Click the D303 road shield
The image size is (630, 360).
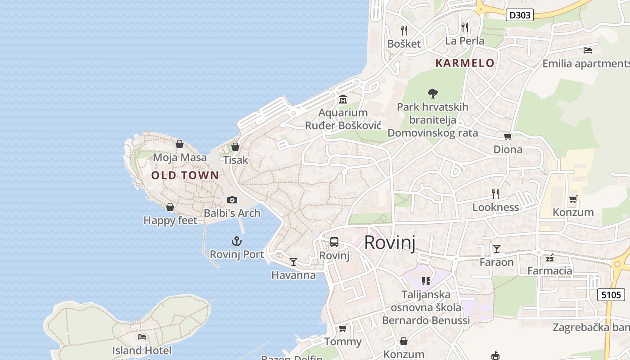(x=520, y=15)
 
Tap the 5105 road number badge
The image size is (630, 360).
(x=611, y=295)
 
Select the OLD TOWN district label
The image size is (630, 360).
(x=185, y=175)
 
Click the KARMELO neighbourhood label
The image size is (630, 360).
(x=465, y=63)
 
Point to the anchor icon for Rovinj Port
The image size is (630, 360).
(x=236, y=242)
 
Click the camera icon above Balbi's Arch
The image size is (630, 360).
(x=232, y=200)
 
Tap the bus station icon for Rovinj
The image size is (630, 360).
(x=334, y=242)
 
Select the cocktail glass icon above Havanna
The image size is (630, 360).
(x=293, y=261)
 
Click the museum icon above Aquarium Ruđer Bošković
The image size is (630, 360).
(x=343, y=99)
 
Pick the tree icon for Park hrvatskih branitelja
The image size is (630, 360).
(x=432, y=94)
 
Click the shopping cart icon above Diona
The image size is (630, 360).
(x=508, y=136)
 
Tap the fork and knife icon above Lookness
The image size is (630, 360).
(x=495, y=194)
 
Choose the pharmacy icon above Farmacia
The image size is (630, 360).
(x=549, y=258)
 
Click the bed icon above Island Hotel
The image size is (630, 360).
(x=142, y=337)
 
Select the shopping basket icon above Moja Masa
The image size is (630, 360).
(x=180, y=144)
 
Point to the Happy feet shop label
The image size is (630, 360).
(x=170, y=220)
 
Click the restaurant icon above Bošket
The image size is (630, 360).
(x=404, y=31)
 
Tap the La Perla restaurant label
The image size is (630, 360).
(x=465, y=41)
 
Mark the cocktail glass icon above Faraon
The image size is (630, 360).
(x=496, y=249)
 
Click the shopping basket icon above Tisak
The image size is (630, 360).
(x=235, y=147)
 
